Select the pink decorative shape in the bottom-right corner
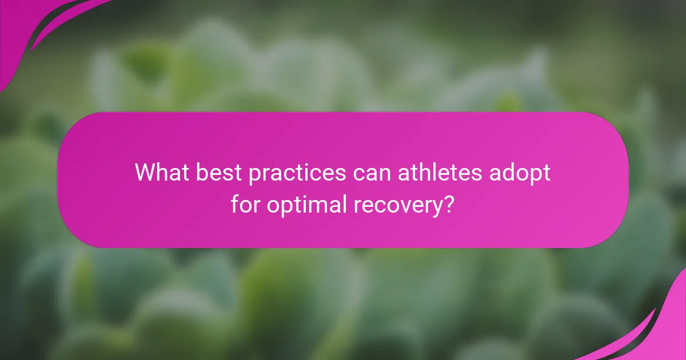[x=663, y=337]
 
